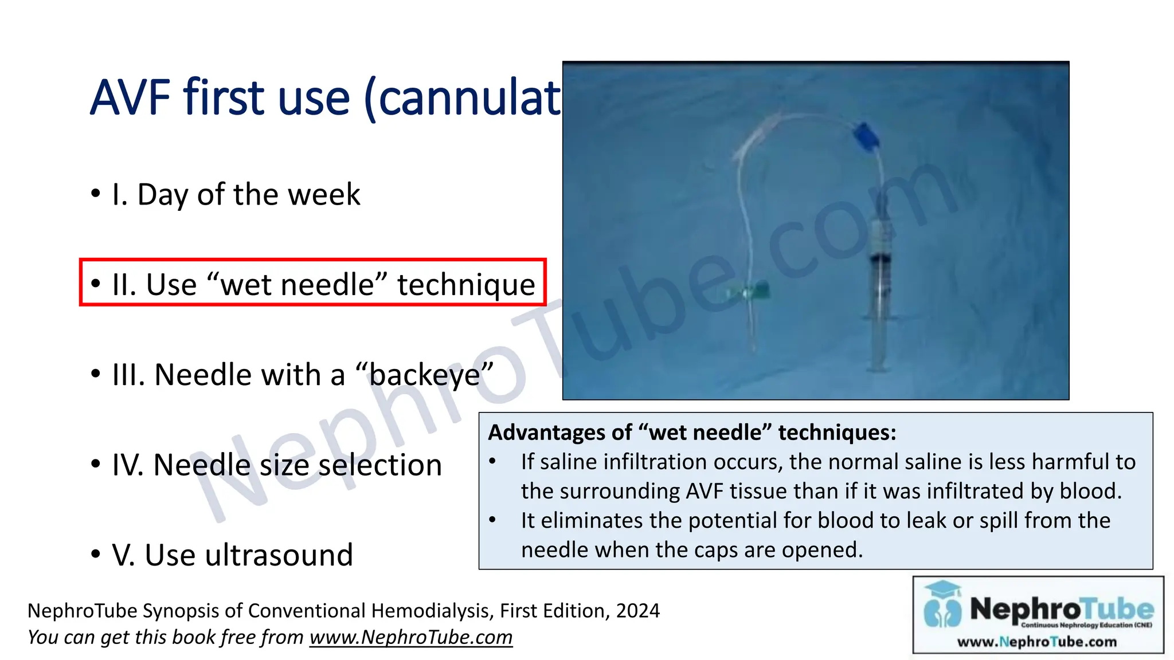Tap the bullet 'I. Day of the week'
pos(236,194)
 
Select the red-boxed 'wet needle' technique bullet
pos(312,284)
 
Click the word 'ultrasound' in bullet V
pos(279,555)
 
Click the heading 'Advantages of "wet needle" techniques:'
pos(691,432)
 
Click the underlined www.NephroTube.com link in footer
pos(410,637)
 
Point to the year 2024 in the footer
pos(637,611)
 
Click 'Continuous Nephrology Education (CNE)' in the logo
pos(1086,625)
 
